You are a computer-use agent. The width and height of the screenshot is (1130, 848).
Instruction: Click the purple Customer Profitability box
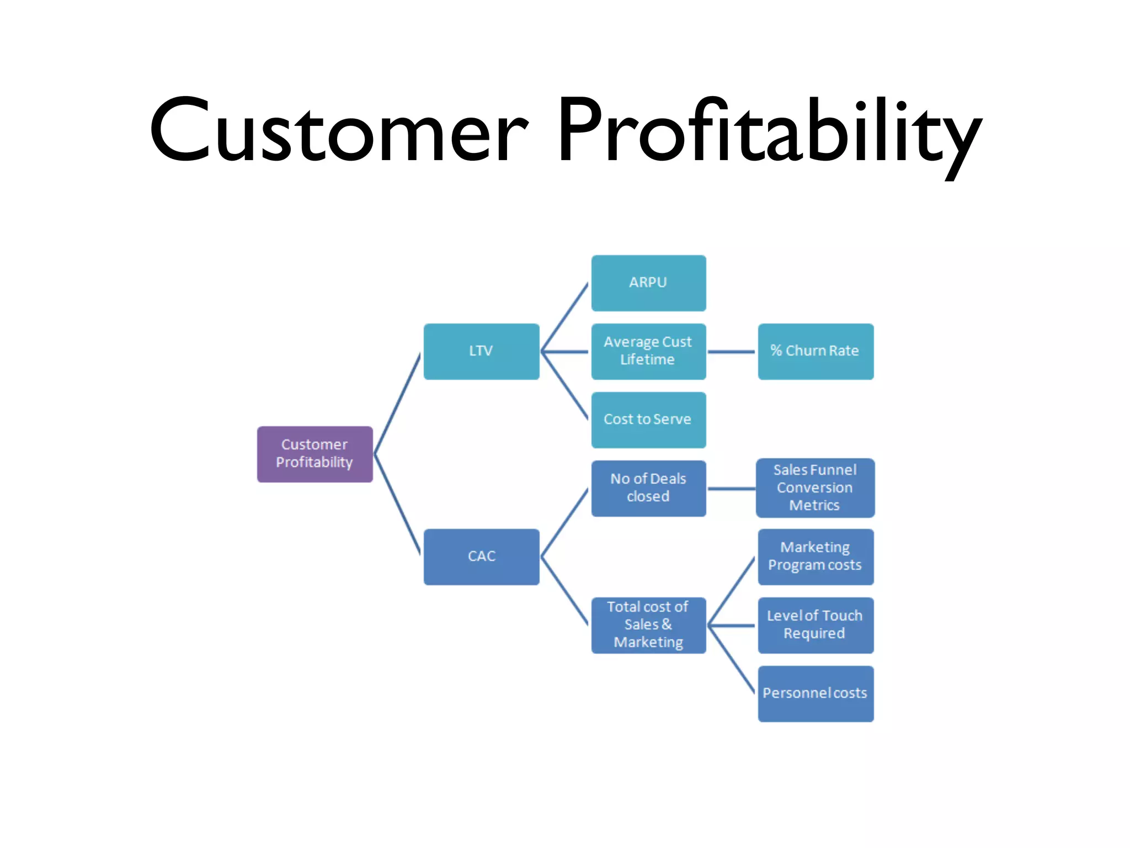click(315, 454)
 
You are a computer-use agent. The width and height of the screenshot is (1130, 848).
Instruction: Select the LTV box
click(481, 351)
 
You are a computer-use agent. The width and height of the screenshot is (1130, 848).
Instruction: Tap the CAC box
click(481, 556)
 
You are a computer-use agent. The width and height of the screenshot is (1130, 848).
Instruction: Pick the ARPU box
click(648, 283)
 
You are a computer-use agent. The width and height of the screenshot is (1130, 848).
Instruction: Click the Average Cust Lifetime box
click(648, 351)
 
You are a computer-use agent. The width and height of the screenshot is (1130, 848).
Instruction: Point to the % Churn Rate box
click(815, 351)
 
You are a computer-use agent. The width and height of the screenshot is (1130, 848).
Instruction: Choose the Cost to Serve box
click(648, 420)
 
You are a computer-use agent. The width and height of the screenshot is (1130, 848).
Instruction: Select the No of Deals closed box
click(648, 488)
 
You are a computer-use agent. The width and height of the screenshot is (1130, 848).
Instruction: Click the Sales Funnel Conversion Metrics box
click(815, 488)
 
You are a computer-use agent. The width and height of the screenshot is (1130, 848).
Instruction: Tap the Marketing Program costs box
click(815, 556)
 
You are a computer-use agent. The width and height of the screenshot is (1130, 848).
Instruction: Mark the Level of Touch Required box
click(815, 625)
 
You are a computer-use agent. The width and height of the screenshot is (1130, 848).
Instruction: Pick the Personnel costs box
click(815, 693)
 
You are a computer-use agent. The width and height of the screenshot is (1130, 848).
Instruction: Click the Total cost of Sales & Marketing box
click(648, 625)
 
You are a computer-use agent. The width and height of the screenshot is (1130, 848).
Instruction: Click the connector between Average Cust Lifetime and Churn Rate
click(731, 351)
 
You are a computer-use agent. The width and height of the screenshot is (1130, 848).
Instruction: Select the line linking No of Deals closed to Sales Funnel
click(731, 489)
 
